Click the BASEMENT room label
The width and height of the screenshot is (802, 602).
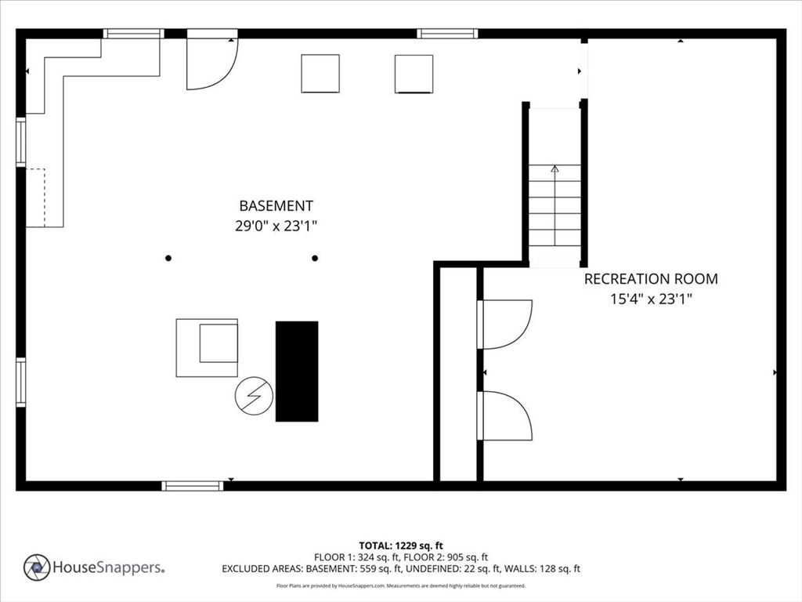(x=276, y=206)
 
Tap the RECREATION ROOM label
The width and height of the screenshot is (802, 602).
(x=650, y=278)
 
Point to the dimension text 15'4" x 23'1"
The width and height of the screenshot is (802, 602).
(x=650, y=299)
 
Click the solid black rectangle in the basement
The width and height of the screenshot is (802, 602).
(x=297, y=371)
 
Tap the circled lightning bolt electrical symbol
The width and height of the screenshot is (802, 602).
(x=254, y=397)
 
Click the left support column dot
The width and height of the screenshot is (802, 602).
(x=168, y=258)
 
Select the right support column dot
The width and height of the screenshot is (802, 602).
(x=315, y=258)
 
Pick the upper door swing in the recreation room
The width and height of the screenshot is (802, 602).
(x=505, y=324)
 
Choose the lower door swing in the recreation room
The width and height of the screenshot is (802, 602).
(x=505, y=415)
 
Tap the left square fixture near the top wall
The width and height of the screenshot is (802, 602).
(x=320, y=74)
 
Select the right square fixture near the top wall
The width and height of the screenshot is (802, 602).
(x=414, y=74)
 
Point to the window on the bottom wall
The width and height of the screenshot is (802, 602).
(x=193, y=486)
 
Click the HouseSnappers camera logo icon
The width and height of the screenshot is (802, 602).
(x=37, y=567)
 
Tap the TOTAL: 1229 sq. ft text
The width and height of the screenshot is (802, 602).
(x=401, y=545)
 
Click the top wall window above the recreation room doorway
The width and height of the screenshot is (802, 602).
(x=447, y=34)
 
